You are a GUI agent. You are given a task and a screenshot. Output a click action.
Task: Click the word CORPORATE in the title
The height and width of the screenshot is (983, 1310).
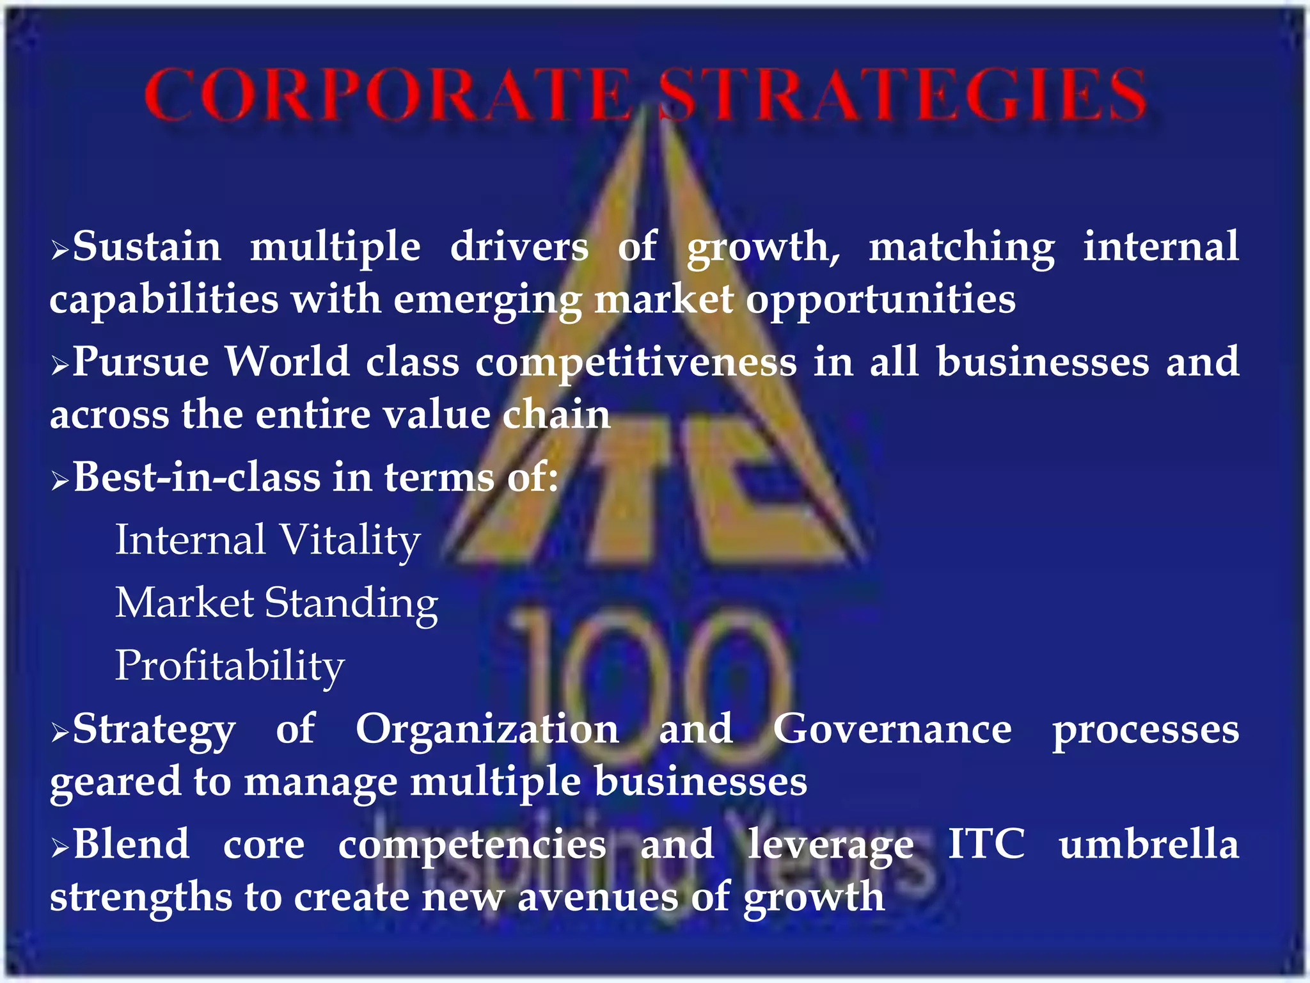pyautogui.click(x=387, y=96)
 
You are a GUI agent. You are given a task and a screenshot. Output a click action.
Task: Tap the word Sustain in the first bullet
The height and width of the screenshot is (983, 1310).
pyautogui.click(x=146, y=247)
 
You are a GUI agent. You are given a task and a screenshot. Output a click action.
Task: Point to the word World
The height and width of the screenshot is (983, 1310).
pyautogui.click(x=287, y=362)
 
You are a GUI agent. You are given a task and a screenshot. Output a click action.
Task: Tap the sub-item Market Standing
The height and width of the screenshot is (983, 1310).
pyautogui.click(x=276, y=603)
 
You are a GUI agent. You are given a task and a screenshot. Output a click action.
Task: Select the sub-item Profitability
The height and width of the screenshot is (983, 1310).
pyautogui.click(x=230, y=666)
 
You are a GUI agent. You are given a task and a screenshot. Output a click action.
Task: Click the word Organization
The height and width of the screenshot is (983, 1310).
pyautogui.click(x=487, y=729)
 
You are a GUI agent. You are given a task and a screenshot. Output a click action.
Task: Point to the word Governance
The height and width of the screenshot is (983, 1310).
pyautogui.click(x=892, y=729)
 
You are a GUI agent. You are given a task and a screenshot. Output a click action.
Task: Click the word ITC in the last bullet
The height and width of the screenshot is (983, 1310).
pyautogui.click(x=986, y=844)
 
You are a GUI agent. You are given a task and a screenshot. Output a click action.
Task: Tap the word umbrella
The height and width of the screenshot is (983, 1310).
pyautogui.click(x=1149, y=844)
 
